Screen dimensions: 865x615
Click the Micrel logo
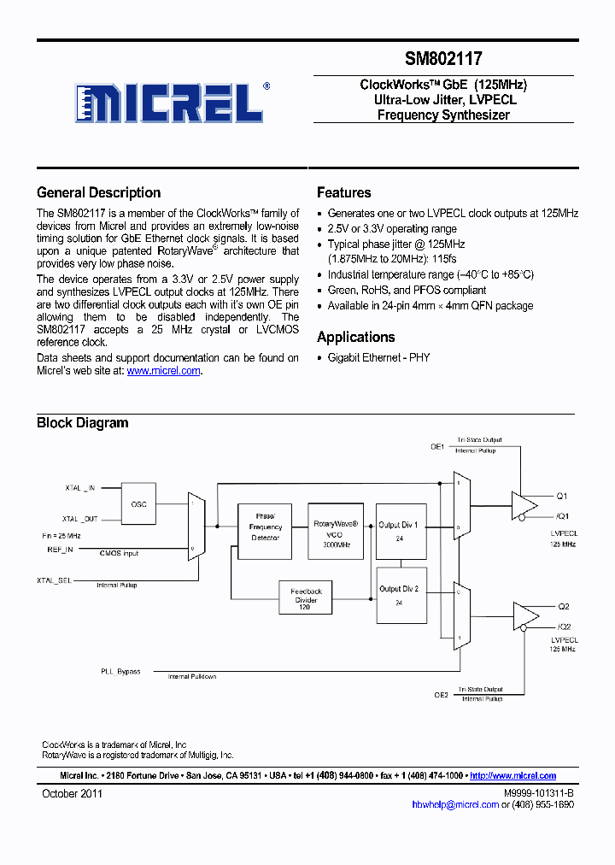170,103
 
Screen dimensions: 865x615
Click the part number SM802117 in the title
443,59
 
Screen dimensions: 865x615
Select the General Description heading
98,192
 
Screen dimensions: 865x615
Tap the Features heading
343,192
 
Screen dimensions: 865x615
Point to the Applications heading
355,337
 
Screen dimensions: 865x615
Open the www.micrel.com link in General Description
163,370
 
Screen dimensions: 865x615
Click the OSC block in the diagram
138,504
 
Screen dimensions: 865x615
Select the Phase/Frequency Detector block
265,527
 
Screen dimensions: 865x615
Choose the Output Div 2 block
398,595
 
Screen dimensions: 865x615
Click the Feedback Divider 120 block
306,596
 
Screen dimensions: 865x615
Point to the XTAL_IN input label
80,488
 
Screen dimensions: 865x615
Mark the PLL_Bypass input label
120,671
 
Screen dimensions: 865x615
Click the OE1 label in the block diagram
437,446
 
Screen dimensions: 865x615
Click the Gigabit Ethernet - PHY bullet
378,357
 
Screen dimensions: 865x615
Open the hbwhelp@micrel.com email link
454,804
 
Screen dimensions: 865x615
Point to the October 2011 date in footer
73,793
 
